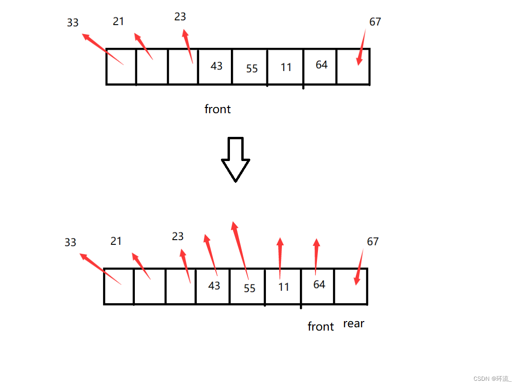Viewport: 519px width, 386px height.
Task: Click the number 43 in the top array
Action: pyautogui.click(x=217, y=66)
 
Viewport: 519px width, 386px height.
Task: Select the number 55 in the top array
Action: pyautogui.click(x=252, y=69)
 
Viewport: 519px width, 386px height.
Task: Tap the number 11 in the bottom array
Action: pyautogui.click(x=283, y=287)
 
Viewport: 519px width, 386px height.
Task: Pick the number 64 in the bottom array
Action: pyautogui.click(x=319, y=284)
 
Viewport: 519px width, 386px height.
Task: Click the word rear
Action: pyautogui.click(x=354, y=324)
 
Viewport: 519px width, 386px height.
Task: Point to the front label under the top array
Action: pyautogui.click(x=218, y=109)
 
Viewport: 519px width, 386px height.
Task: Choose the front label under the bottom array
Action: pyautogui.click(x=321, y=326)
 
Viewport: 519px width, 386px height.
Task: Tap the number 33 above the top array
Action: pyautogui.click(x=73, y=22)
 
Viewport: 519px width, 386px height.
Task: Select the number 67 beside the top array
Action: pyautogui.click(x=375, y=22)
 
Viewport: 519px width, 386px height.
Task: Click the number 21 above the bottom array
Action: pyautogui.click(x=116, y=241)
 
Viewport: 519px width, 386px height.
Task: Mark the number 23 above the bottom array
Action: pyautogui.click(x=178, y=236)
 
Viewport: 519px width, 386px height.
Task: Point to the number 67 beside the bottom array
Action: pyautogui.click(x=373, y=242)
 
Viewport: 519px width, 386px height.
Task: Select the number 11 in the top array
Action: pyautogui.click(x=286, y=67)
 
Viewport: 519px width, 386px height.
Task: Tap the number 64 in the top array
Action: pyautogui.click(x=322, y=65)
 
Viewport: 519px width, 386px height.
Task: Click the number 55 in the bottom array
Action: pyautogui.click(x=250, y=288)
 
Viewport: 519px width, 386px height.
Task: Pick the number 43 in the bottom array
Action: pyautogui.click(x=214, y=286)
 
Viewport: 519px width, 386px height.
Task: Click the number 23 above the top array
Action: pyautogui.click(x=180, y=17)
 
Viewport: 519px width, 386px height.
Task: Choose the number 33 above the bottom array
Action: pyautogui.click(x=70, y=242)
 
